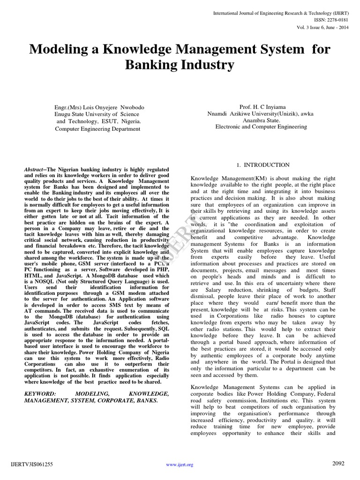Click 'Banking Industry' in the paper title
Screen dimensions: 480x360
coord(180,65)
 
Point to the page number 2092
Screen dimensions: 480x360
coord(338,464)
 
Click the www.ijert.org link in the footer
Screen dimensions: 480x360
coord(180,465)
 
